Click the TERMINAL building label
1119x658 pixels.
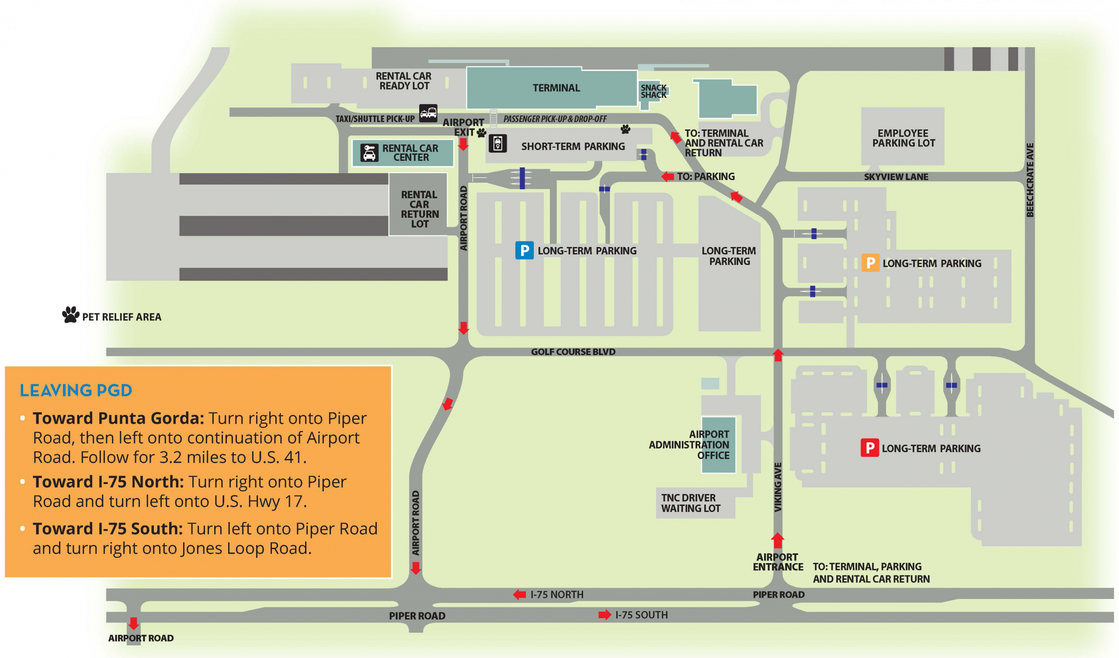coord(556,88)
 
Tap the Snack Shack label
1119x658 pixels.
coord(653,91)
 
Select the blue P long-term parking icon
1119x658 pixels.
coord(524,250)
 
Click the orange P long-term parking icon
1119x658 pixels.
coord(870,263)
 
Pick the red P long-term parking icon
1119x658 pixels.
coord(869,448)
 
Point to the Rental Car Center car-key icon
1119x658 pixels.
coord(369,153)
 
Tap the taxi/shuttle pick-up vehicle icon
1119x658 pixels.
coord(428,113)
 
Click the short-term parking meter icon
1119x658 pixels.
coord(497,143)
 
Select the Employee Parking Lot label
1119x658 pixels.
coord(903,138)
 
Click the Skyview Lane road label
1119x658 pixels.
coord(896,177)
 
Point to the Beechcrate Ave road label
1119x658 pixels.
coord(1030,180)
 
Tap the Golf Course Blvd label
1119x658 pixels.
coord(573,352)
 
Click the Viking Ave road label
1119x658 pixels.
coord(778,487)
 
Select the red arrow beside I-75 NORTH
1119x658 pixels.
coord(520,595)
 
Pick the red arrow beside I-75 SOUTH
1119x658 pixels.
coord(605,615)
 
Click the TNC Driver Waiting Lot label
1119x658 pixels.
coord(691,503)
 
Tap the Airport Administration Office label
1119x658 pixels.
coord(689,444)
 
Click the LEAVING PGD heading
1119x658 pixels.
coord(76,390)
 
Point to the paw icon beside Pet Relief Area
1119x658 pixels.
coord(71,314)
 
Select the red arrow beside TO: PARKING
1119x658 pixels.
coord(667,176)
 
